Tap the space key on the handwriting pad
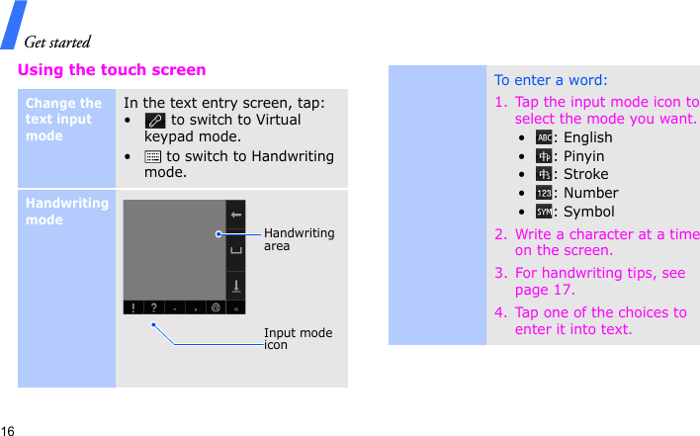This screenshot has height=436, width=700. pos(236,250)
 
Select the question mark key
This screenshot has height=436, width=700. pos(153,308)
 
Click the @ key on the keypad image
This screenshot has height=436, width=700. pos(216,308)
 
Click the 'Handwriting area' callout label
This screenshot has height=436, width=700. pos(299,239)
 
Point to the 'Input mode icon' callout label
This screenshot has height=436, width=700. pos(298,339)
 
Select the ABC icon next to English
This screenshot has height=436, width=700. pos(544,137)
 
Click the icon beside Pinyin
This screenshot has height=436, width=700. pos(544,156)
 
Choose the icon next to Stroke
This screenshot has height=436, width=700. pos(544,174)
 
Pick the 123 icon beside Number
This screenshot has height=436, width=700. pos(544,193)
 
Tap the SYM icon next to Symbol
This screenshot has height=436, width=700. pos(544,212)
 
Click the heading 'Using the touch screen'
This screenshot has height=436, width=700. pos(112,70)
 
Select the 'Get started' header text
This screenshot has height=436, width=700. pos(56,42)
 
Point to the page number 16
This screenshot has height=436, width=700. pos(8,431)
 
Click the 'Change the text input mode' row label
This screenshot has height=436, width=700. pos(63,119)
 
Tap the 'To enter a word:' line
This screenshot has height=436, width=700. pos(551,80)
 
